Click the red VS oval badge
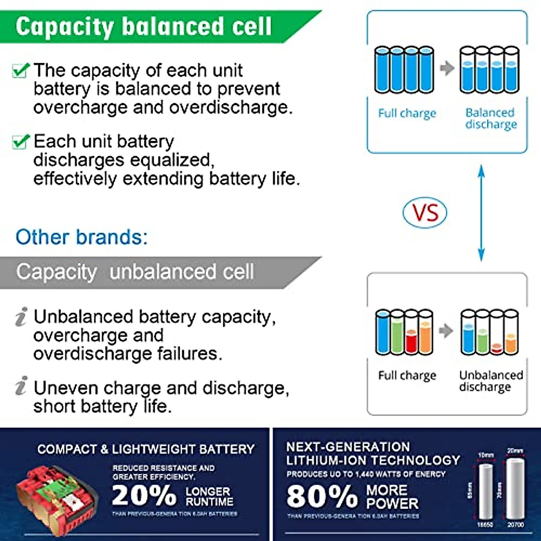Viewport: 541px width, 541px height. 424,213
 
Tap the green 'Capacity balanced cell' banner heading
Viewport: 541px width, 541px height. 143,26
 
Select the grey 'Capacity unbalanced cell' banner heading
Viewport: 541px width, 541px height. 135,272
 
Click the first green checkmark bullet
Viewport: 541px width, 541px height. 21,70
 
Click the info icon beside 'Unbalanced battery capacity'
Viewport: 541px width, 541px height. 21,316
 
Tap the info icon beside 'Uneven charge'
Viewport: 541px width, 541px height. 21,386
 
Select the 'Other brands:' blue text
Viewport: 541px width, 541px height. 82,237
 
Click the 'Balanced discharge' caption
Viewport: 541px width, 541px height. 491,118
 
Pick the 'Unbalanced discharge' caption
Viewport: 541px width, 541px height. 491,381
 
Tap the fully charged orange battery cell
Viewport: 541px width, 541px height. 426,333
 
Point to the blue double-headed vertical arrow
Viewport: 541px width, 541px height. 481,213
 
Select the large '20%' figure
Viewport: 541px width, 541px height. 144,495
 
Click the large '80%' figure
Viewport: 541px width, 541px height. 322,495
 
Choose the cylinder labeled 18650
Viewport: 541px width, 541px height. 486,491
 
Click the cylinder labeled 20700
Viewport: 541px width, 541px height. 515,489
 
